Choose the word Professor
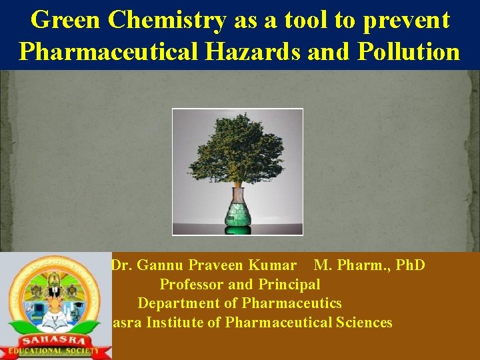[191, 285]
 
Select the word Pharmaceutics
[292, 303]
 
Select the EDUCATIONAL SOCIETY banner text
[53, 351]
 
